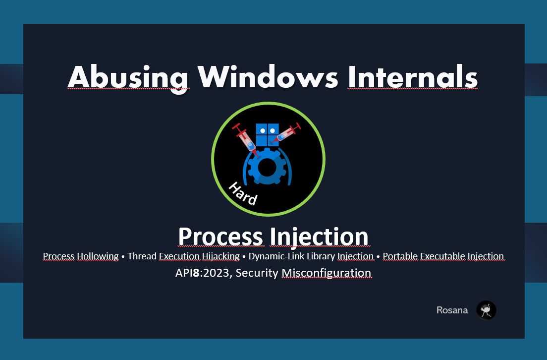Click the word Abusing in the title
pyautogui.click(x=127, y=77)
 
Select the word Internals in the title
pyautogui.click(x=412, y=77)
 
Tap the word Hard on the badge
pyautogui.click(x=243, y=193)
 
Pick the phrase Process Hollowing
pyautogui.click(x=81, y=256)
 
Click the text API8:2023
pyautogui.click(x=203, y=273)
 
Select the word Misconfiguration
pyautogui.click(x=327, y=273)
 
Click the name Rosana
pyautogui.click(x=452, y=310)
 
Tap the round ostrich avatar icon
pyautogui.click(x=486, y=310)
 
